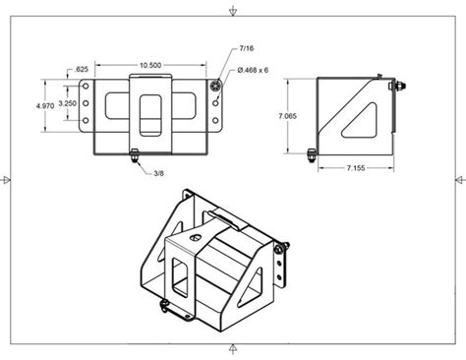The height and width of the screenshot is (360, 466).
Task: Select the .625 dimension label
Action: (x=82, y=69)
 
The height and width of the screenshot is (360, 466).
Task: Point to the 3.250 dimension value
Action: (x=68, y=103)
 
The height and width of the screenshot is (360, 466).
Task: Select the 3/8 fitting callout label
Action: (x=158, y=174)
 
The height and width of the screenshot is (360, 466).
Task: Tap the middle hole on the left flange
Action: (x=87, y=103)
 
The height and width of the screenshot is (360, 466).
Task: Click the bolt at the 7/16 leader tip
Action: (x=215, y=87)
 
